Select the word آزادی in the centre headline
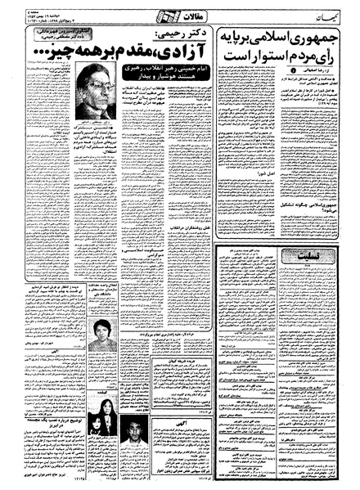pyautogui.click(x=193, y=55)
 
